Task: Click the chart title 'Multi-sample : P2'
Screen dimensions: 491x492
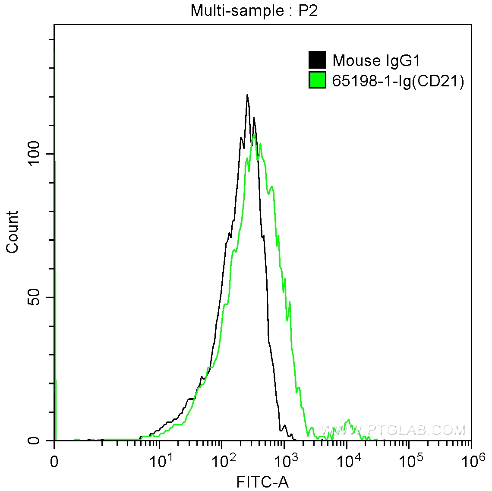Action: pyautogui.click(x=254, y=10)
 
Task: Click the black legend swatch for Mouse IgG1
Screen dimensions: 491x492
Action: pyautogui.click(x=317, y=60)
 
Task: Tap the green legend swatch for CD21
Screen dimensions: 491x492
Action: pyautogui.click(x=317, y=80)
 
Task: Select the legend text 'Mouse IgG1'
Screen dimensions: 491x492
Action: pyautogui.click(x=376, y=60)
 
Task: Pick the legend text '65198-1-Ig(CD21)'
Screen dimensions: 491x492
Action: pyautogui.click(x=398, y=81)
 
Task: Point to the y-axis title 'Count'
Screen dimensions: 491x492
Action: pyautogui.click(x=13, y=232)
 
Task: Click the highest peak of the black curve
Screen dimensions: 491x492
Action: pyautogui.click(x=247, y=95)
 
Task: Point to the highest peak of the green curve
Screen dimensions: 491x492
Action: pyautogui.click(x=254, y=135)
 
